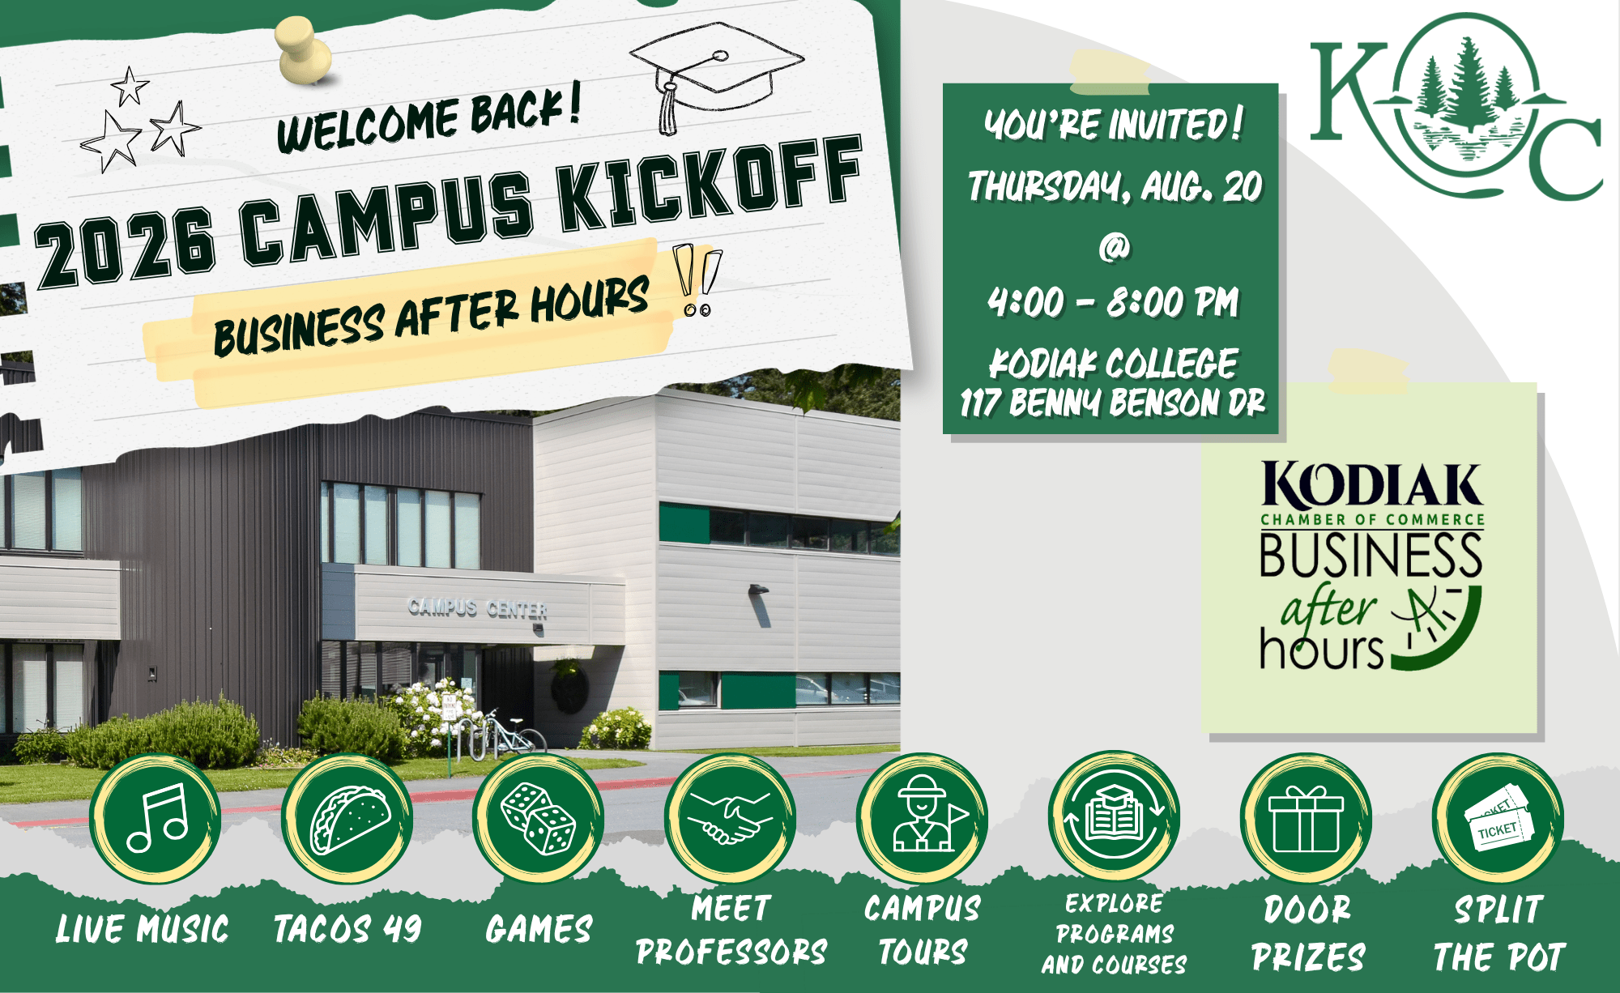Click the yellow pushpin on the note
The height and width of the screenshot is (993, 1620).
click(304, 50)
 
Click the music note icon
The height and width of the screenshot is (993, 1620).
click(157, 818)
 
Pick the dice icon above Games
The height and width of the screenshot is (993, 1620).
click(539, 818)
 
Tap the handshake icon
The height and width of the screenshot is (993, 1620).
click(730, 818)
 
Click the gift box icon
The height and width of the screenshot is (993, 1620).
click(1306, 820)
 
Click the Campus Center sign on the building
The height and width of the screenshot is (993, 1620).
click(478, 608)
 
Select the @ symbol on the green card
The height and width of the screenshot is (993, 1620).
click(1114, 246)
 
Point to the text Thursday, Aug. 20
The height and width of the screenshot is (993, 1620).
click(1115, 186)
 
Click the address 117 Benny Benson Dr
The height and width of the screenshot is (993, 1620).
click(1113, 402)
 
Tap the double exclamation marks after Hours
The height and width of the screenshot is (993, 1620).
click(697, 279)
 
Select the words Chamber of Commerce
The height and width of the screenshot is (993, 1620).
click(1372, 519)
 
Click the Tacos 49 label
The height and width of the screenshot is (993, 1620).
click(347, 928)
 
